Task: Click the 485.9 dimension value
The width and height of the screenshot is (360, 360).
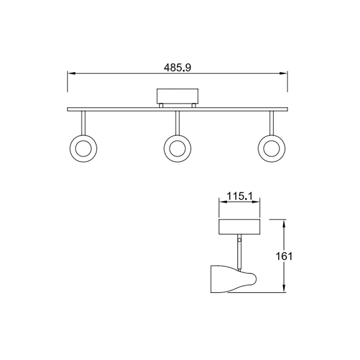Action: point(177,67)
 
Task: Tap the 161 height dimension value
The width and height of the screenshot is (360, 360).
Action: point(284,256)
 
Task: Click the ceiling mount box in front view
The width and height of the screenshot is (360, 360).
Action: point(177,96)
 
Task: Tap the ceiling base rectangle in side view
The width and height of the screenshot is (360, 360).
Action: point(239,226)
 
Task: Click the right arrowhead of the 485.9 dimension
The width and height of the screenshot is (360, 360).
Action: point(284,73)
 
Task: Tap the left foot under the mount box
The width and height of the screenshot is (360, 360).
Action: point(161,105)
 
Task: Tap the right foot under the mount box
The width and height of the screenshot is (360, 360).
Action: point(194,105)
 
